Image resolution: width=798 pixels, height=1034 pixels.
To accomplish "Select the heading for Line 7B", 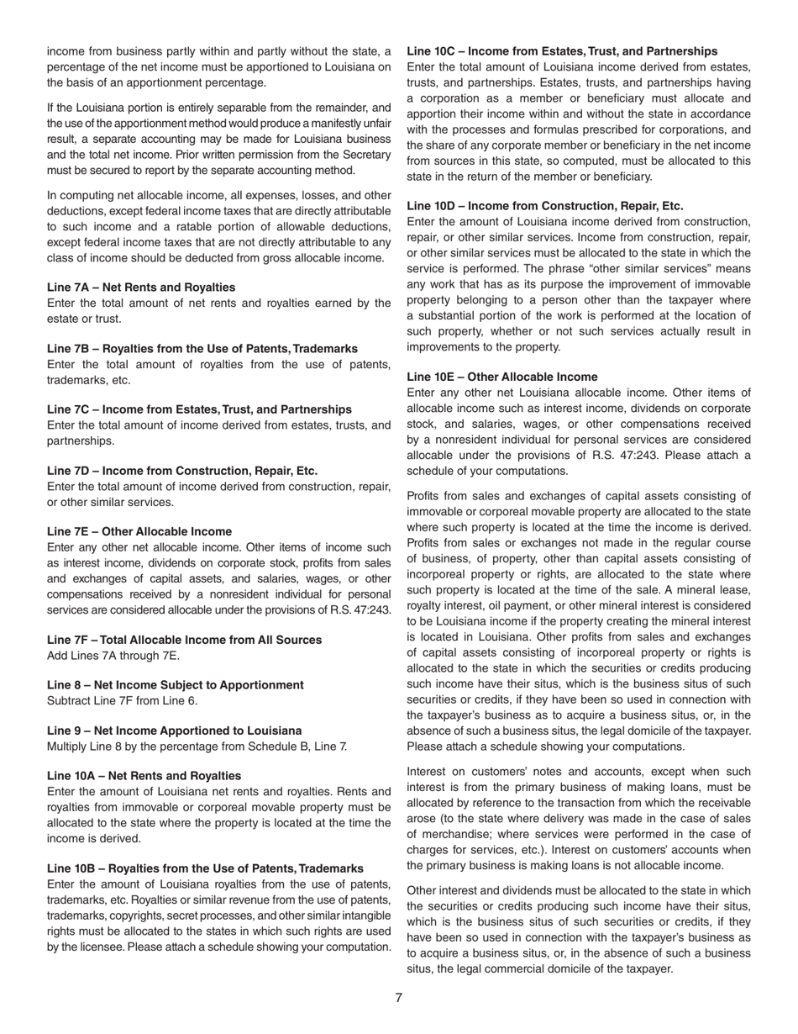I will coord(202,348).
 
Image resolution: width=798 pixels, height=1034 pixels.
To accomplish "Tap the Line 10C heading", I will coord(562,51).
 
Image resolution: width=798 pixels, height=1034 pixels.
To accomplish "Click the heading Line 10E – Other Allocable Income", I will coord(502,377).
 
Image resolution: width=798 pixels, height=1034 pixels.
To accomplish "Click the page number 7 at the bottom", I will coord(399,998).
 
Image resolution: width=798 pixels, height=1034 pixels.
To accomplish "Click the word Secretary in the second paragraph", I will coord(365,155).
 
